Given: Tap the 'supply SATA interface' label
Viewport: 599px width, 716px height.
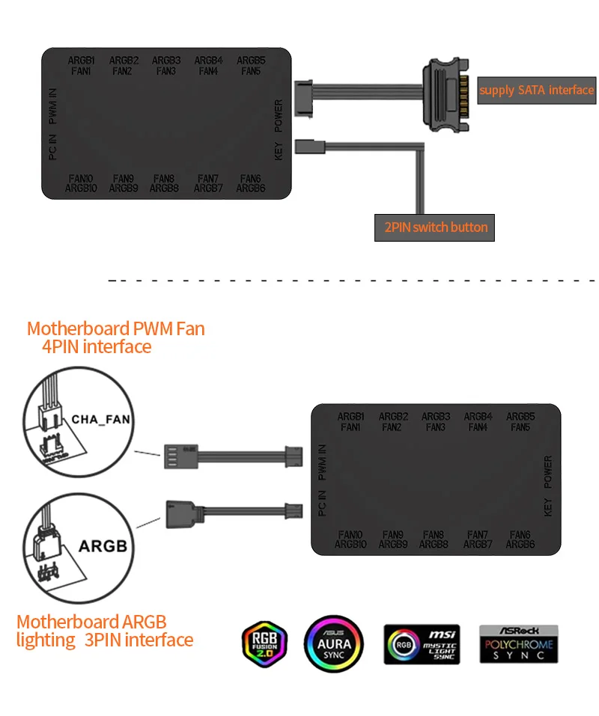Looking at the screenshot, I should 536,90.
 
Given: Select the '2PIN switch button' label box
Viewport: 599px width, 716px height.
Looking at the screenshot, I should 435,227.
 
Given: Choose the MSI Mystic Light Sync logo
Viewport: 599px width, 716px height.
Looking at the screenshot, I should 422,643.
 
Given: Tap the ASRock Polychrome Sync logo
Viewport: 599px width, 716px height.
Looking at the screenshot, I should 518,643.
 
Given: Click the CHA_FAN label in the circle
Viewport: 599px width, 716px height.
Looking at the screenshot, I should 100,420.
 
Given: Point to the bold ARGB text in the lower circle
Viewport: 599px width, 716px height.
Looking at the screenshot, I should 103,545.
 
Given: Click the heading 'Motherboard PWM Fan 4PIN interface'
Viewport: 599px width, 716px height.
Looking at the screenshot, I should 115,337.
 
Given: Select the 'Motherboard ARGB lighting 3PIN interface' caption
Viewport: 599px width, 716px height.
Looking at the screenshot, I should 105,631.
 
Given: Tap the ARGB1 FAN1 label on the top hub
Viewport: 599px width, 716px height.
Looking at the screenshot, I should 82,65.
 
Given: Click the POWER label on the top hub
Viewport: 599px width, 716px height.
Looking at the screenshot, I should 279,115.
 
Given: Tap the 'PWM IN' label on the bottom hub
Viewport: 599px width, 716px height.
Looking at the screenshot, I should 322,462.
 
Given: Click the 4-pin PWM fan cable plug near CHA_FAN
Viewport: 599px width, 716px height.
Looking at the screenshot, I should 177,456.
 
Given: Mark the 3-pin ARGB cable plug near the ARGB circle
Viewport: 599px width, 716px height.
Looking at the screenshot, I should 177,515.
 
